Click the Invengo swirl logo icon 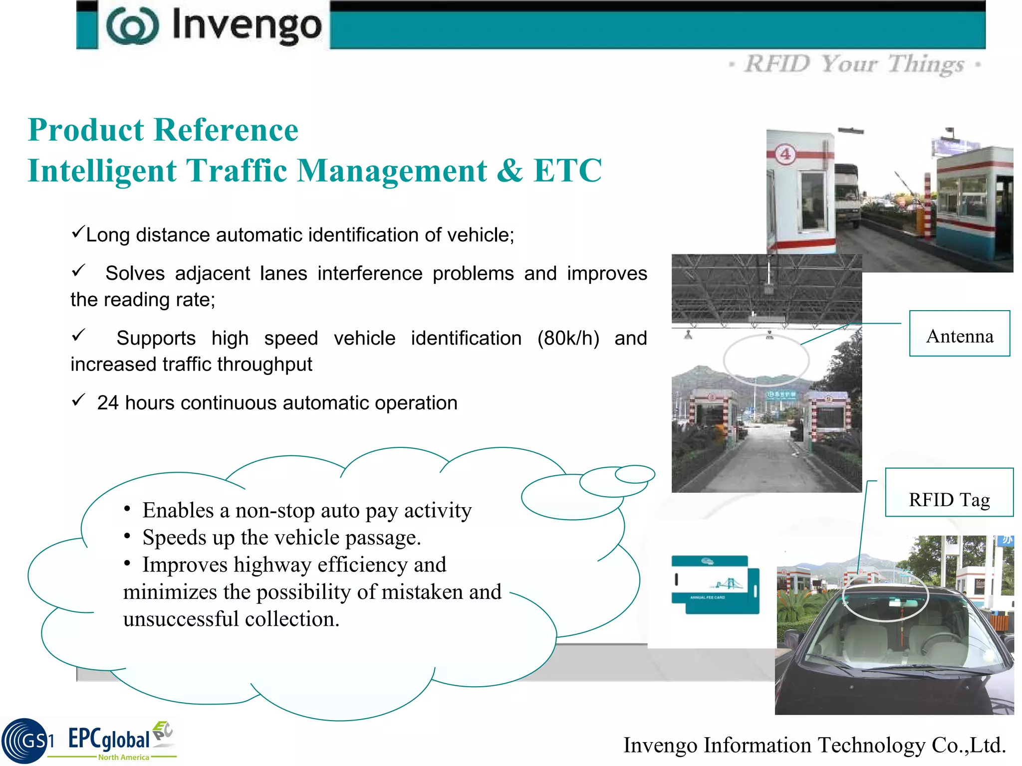tap(132, 26)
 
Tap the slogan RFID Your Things tap(854, 64)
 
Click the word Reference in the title tap(226, 130)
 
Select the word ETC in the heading tap(567, 171)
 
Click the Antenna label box tap(959, 334)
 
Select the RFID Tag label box tap(949, 493)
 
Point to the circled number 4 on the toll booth tap(785, 154)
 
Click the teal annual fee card tap(715, 584)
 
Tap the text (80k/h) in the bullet tap(568, 338)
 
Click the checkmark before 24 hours tap(78, 400)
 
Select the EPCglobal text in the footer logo tap(109, 739)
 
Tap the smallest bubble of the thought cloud tap(634, 474)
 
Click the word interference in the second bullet tap(370, 273)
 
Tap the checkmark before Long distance tap(77, 231)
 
